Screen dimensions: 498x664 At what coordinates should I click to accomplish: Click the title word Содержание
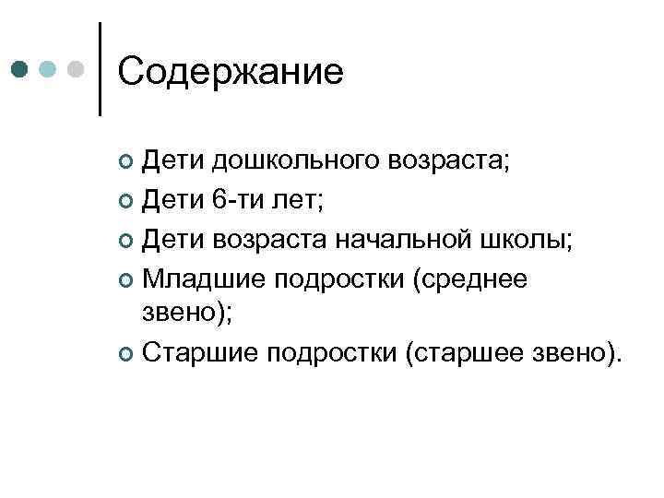coord(231,71)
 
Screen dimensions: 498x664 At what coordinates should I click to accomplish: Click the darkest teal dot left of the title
coord(20,70)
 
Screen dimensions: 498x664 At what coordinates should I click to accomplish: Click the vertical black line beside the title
coord(99,70)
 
